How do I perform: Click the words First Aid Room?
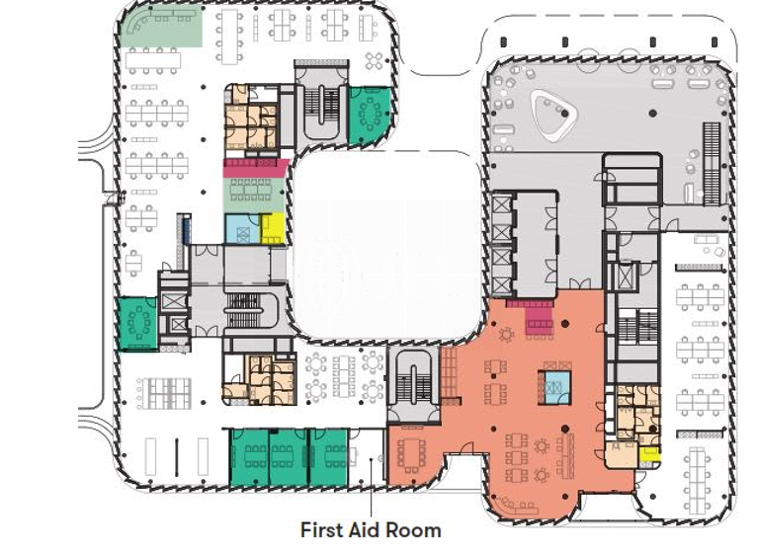coord(371,530)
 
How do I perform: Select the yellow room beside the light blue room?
coord(273,229)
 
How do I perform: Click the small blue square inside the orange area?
coord(554,384)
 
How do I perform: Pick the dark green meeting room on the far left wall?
coord(137,323)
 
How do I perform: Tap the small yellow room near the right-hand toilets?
coord(648,455)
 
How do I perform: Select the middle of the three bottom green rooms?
coord(290,456)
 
